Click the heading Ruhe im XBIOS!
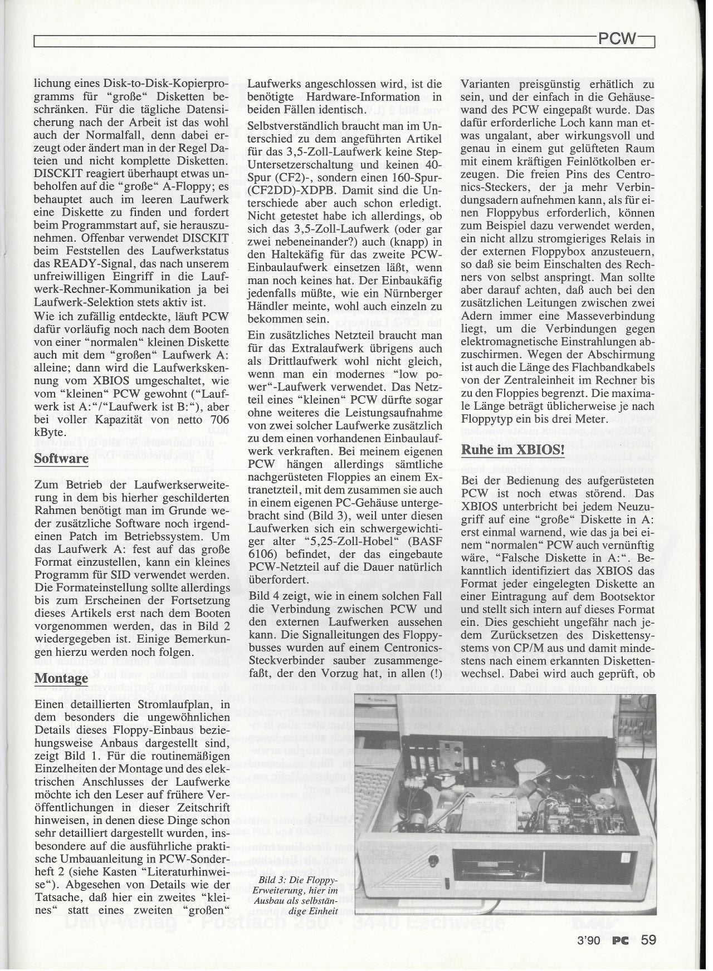click(513, 450)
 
